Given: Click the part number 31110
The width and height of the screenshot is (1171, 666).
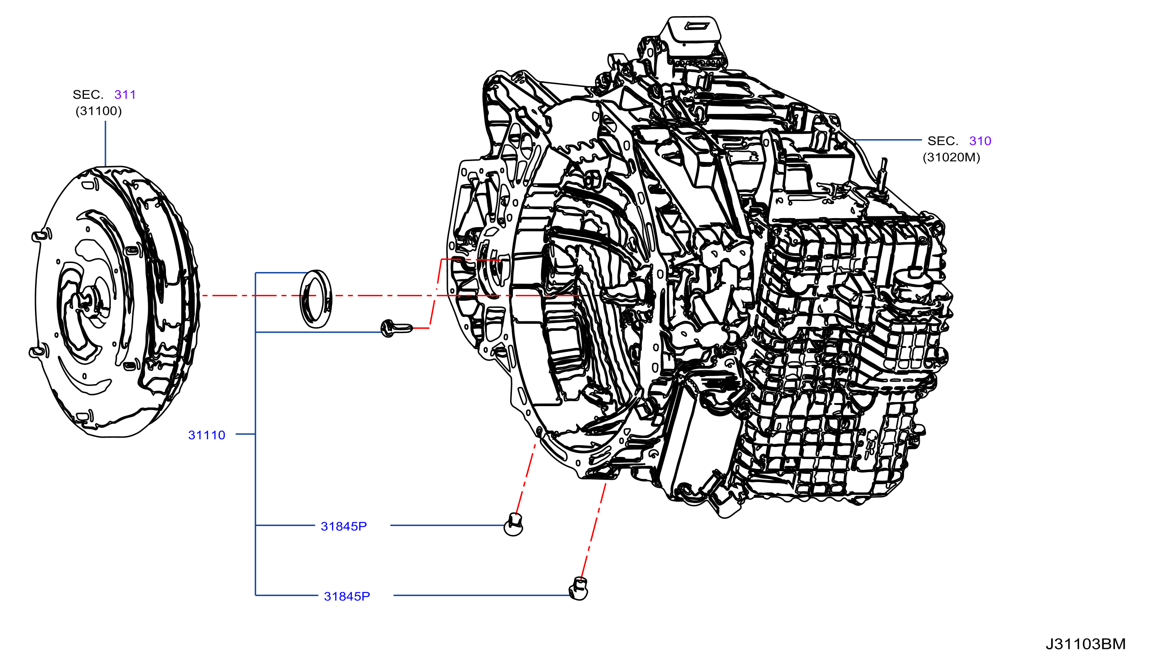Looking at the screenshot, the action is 207,435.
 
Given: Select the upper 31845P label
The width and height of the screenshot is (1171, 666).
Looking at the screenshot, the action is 344,526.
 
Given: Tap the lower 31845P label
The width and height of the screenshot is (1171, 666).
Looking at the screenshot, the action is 347,596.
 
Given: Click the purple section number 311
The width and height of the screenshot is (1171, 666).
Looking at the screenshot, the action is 125,95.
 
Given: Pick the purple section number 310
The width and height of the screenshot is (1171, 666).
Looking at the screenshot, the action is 980,141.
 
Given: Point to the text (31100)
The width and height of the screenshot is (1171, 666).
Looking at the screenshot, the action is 99,111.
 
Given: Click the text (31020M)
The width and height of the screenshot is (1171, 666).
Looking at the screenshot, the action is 952,158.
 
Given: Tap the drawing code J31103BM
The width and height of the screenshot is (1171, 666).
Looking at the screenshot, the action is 1085,644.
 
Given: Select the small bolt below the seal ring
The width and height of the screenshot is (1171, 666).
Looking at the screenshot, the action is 397,328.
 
